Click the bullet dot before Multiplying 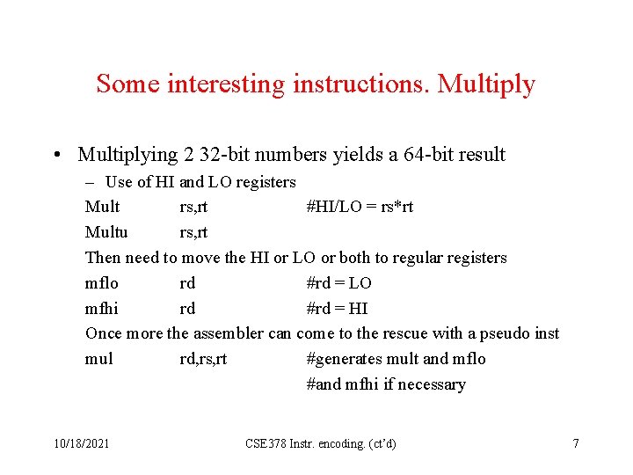pos(55,156)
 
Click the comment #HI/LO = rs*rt pos(360,207)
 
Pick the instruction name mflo pos(101,283)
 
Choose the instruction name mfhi pos(103,309)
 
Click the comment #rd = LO pos(338,283)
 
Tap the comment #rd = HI pos(337,309)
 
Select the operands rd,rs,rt pos(203,359)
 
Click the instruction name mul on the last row pos(98,359)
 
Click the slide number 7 pos(576,443)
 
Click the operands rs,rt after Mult pos(193,207)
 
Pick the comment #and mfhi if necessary pos(386,384)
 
